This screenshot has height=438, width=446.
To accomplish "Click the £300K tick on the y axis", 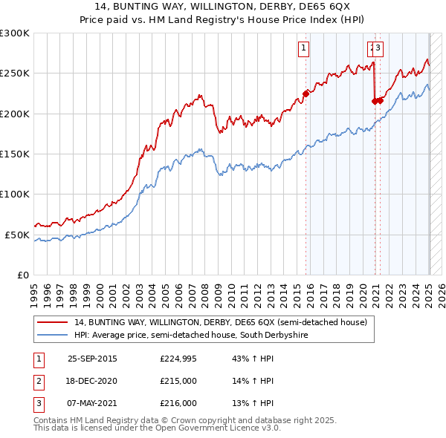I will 15,33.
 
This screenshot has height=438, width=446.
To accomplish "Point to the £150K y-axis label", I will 15,154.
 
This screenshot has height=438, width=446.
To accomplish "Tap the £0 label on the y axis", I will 22,275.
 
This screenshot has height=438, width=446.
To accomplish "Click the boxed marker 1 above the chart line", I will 304,49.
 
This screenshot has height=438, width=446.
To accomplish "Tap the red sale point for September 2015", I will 306,94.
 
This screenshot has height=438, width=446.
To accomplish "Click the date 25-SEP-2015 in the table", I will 92,359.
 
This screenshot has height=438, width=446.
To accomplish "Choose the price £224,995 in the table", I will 179,359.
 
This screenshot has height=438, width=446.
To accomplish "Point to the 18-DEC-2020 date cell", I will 92,381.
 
